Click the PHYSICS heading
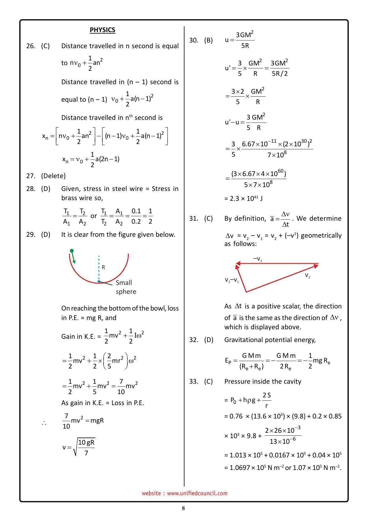102,30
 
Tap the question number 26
31,46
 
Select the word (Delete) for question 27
53,176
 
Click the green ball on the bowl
72,251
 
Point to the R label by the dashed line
103,267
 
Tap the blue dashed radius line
99,268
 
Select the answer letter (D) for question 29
45,234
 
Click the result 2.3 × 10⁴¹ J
243,198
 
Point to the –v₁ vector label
257,259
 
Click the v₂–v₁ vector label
232,280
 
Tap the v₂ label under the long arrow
307,275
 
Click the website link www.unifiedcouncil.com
197,493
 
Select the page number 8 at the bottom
183,508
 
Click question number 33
193,381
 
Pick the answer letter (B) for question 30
208,40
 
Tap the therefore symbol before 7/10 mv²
44,423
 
